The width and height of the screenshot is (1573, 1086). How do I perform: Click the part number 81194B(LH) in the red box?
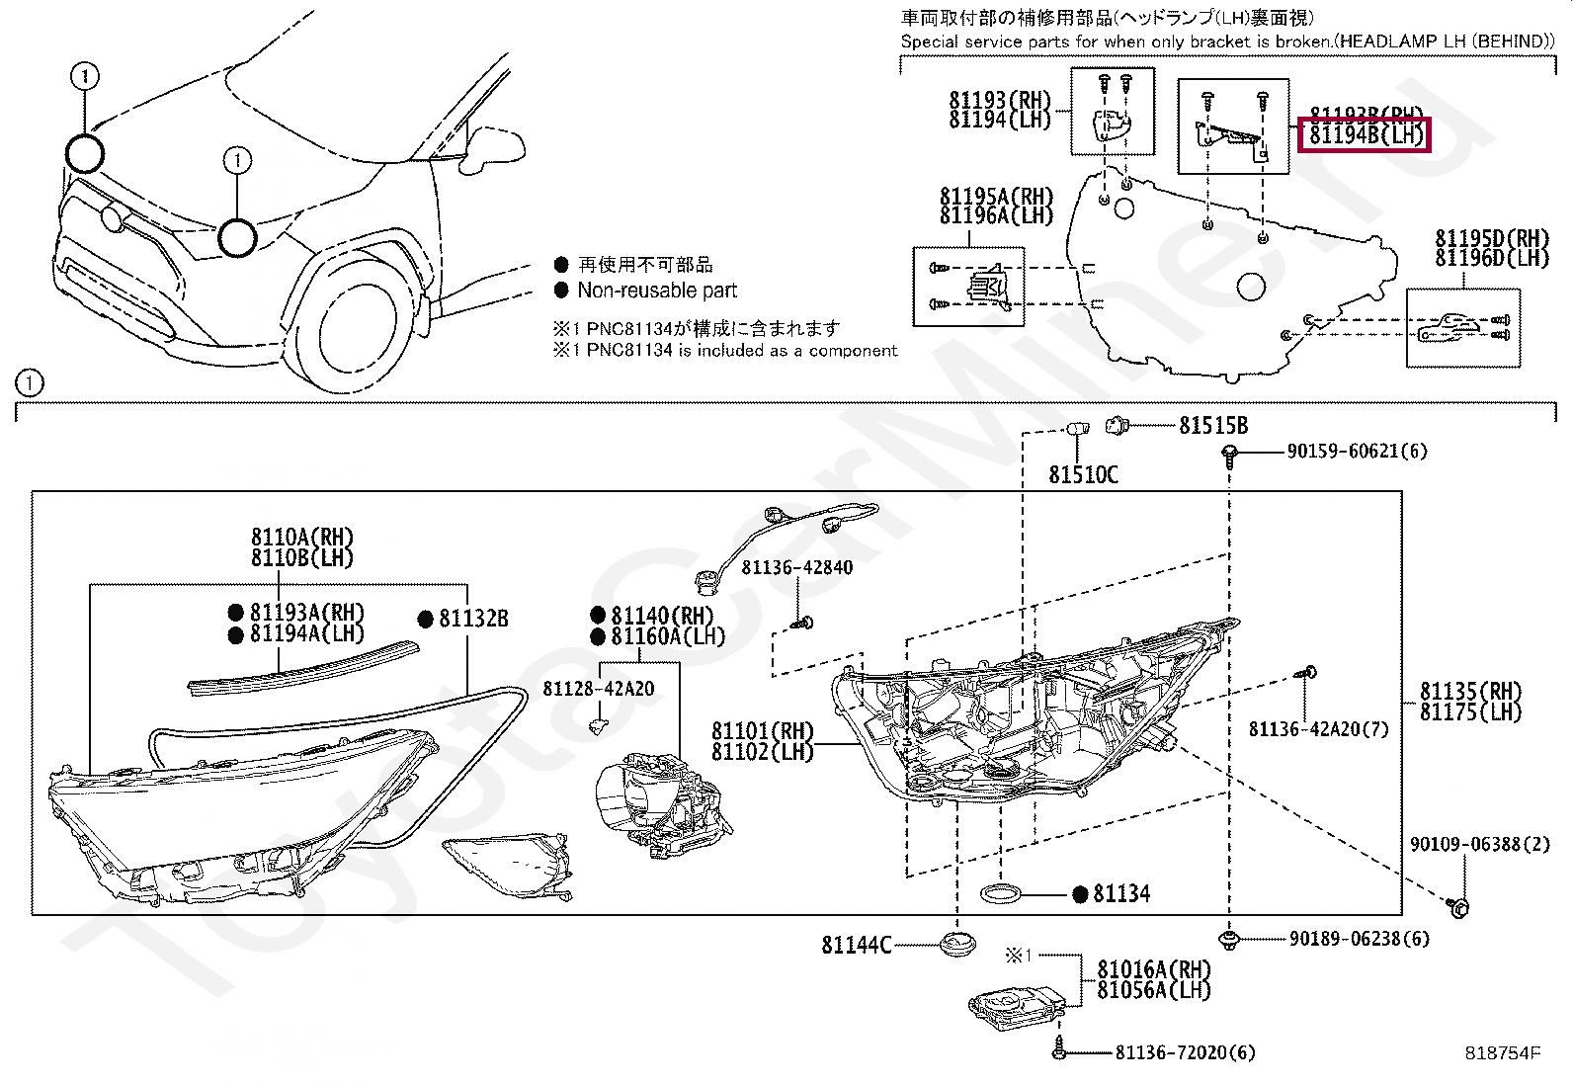(1365, 134)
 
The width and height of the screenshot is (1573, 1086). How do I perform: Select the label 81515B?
(1213, 426)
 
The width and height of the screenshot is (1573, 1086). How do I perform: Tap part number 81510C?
(1083, 475)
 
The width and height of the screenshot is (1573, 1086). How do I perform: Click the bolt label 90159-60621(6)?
(1357, 452)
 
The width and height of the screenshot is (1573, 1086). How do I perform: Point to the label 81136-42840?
(796, 567)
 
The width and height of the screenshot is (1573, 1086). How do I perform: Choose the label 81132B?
(473, 619)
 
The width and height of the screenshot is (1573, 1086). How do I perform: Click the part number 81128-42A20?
(598, 689)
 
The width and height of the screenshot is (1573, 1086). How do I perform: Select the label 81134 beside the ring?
(1121, 894)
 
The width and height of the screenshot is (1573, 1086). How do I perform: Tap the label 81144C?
(856, 946)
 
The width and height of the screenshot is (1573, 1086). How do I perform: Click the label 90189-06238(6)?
(1359, 939)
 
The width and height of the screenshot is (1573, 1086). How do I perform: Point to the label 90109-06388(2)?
(1479, 844)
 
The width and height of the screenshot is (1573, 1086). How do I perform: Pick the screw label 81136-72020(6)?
(1185, 1053)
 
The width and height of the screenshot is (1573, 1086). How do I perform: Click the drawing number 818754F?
(1502, 1053)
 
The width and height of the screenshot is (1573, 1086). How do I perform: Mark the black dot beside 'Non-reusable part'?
(561, 291)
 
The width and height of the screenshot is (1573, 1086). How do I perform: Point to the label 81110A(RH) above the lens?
(301, 538)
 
